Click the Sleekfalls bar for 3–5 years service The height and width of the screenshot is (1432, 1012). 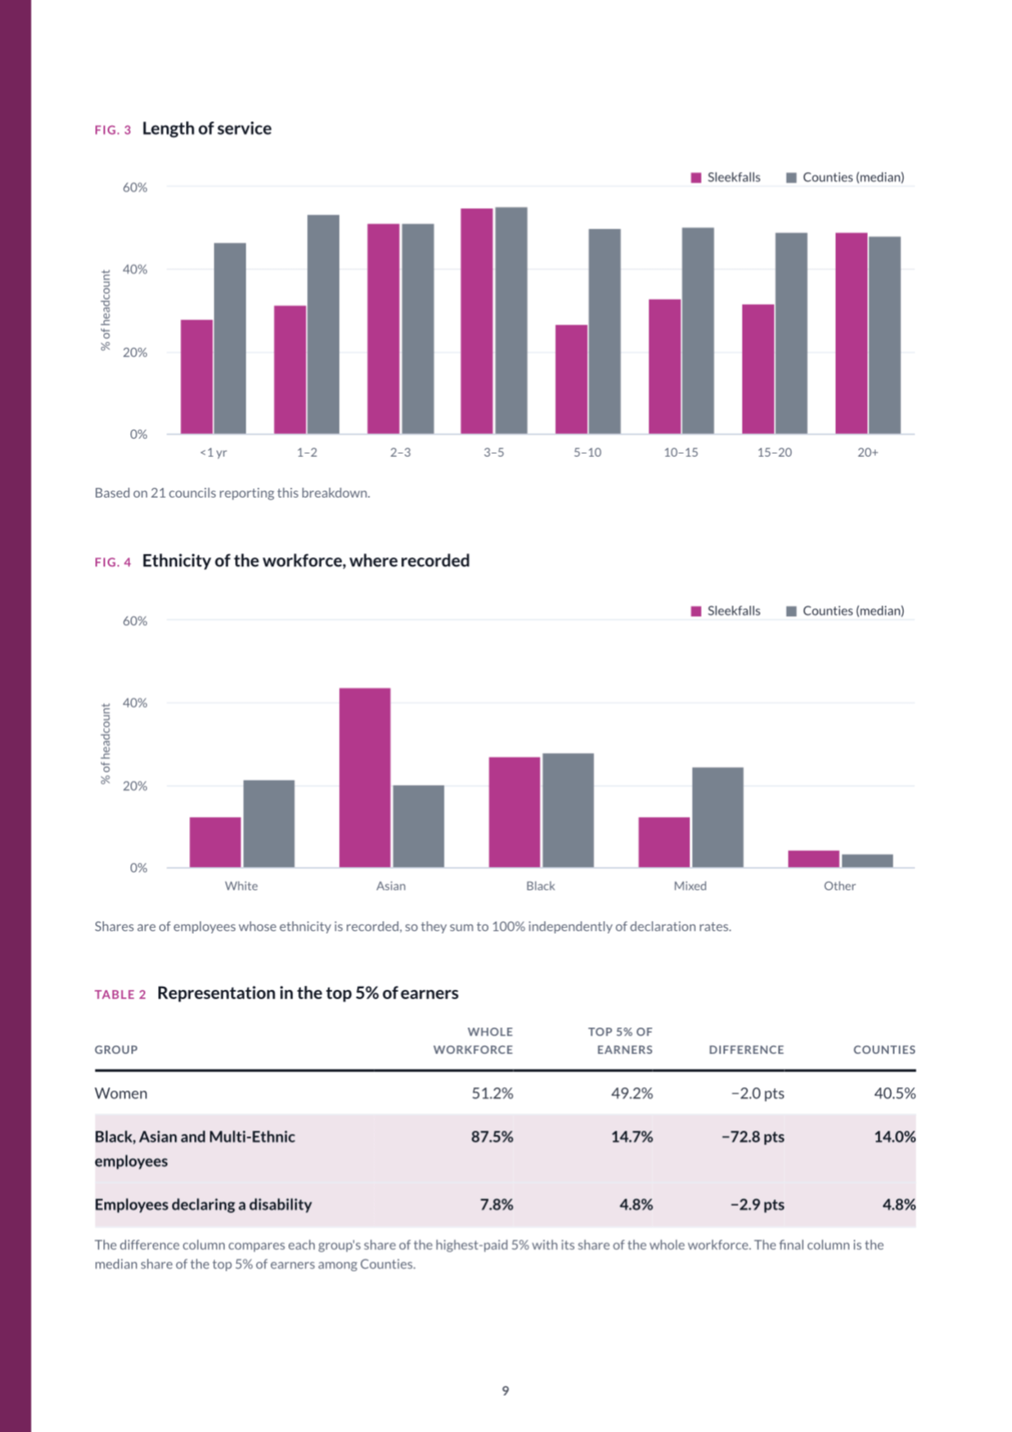(x=477, y=321)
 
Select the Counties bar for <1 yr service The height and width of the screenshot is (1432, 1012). (x=230, y=339)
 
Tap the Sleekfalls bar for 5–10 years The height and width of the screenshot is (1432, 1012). (x=571, y=379)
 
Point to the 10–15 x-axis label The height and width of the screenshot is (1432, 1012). (x=681, y=452)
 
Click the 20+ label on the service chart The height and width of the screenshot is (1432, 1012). (x=868, y=452)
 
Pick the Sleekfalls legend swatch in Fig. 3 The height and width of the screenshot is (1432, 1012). (x=696, y=177)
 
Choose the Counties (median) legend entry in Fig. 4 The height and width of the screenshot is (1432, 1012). (x=845, y=611)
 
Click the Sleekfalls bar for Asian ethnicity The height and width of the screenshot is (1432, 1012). (x=365, y=778)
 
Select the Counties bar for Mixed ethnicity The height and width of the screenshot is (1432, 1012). (x=717, y=818)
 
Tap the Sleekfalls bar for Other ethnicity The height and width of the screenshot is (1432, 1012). (x=813, y=860)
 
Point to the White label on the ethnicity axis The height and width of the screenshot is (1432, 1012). (x=241, y=886)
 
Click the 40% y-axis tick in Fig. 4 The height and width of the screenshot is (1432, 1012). (x=135, y=703)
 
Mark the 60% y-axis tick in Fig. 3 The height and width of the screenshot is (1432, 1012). (x=135, y=187)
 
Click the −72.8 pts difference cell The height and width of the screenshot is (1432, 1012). (x=753, y=1137)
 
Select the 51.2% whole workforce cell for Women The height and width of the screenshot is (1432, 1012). (x=493, y=1093)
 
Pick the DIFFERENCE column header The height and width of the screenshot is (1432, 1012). (x=746, y=1050)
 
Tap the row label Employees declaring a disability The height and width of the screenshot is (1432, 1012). (x=203, y=1205)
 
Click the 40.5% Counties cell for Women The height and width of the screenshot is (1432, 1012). (x=895, y=1093)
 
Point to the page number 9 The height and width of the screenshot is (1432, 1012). (x=506, y=1390)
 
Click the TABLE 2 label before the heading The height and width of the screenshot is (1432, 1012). (x=120, y=994)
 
